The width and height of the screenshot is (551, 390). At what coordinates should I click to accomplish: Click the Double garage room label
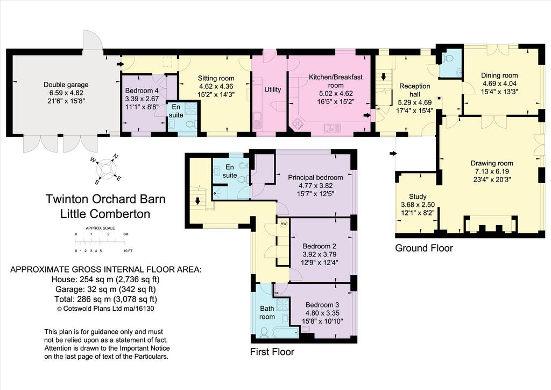tap(66, 85)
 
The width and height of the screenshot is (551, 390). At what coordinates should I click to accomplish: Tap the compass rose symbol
tap(105, 169)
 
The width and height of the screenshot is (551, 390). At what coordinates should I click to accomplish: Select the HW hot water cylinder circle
tap(284, 224)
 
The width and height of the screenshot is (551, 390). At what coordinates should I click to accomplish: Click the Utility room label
tap(273, 89)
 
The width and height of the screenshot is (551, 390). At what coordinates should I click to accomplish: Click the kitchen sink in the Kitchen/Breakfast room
tap(333, 128)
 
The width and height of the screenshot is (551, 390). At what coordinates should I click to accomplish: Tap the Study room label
tap(418, 197)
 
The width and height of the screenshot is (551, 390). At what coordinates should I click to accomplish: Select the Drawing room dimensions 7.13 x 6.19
tap(492, 171)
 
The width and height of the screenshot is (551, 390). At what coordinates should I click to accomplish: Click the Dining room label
tap(499, 75)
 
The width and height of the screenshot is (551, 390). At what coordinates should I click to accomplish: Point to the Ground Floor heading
tap(424, 248)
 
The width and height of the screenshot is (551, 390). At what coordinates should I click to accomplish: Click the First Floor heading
tap(272, 352)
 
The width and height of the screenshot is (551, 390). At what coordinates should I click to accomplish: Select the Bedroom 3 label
tap(322, 305)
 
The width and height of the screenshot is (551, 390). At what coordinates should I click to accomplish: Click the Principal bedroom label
tap(315, 178)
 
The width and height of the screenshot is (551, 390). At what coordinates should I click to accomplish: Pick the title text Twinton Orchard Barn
tap(105, 199)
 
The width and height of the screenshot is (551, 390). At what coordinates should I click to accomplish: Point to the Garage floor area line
tap(105, 289)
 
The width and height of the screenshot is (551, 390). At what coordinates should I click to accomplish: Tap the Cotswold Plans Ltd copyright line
tap(105, 309)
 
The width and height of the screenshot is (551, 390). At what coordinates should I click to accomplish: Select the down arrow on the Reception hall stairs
tap(383, 76)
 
